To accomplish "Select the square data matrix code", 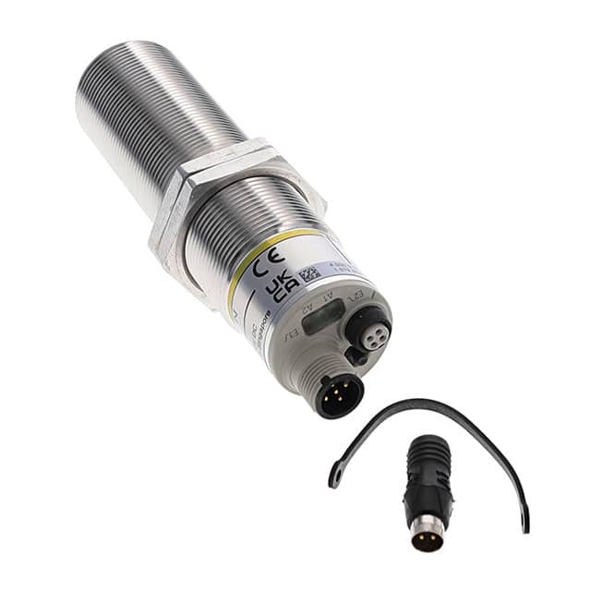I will [308, 273].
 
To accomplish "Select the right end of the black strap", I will [524, 524].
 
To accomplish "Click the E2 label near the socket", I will [356, 295].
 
